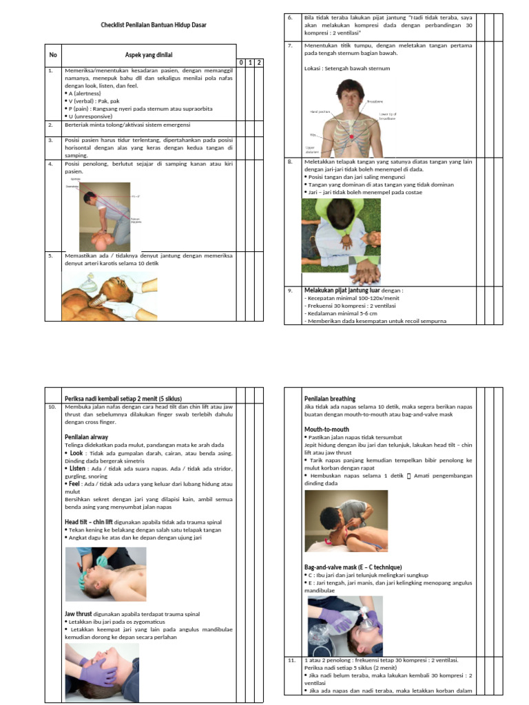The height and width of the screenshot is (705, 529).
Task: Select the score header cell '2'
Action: [x=260, y=63]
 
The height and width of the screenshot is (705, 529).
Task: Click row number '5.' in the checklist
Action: [x=50, y=255]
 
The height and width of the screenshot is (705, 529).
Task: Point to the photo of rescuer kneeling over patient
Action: [x=104, y=216]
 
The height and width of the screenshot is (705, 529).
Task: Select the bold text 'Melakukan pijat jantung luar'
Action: [x=342, y=291]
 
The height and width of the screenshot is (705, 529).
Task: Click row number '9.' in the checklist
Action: [x=291, y=291]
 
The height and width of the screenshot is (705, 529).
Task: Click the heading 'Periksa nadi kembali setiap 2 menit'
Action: [x=123, y=399]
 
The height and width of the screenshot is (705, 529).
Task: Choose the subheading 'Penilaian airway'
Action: [x=86, y=436]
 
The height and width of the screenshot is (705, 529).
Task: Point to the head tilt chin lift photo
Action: [x=106, y=574]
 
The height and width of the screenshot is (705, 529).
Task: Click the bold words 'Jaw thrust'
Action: [x=79, y=613]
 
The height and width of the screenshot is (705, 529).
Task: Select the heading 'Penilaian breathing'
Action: [x=330, y=399]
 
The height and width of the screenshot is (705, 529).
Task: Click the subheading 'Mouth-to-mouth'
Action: [x=326, y=429]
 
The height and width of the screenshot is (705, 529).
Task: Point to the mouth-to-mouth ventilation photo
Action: [x=346, y=521]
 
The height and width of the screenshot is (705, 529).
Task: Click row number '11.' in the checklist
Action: [x=292, y=660]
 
